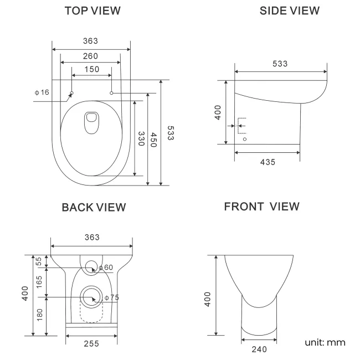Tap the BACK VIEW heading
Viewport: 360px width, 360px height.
pos(94,207)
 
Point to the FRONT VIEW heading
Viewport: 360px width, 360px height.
pos(261,207)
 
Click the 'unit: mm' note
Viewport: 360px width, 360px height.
pos(325,342)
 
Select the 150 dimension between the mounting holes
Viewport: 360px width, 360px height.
pos(92,69)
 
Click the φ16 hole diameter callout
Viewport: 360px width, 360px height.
pos(42,91)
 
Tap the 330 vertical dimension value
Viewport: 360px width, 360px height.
pos(141,138)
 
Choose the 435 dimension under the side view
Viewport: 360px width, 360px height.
pos(268,162)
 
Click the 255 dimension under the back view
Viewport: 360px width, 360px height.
pos(91,344)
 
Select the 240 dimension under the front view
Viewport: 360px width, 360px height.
pos(259,349)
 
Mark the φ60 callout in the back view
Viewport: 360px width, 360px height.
pos(107,268)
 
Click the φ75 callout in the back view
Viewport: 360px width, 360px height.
pos(112,297)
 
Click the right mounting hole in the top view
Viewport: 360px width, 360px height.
pos(112,93)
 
